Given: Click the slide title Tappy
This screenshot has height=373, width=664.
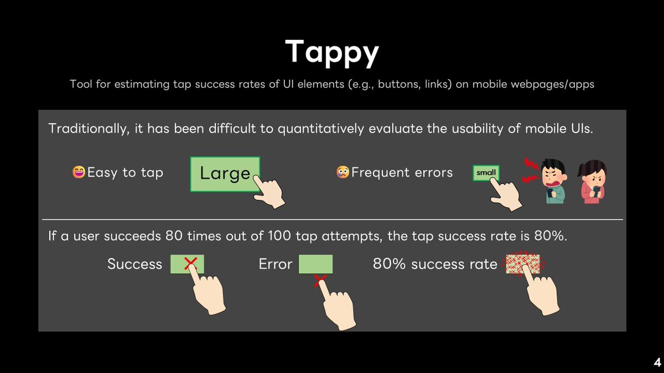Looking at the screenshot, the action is point(332,52).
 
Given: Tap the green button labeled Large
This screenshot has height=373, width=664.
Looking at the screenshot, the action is point(225,174).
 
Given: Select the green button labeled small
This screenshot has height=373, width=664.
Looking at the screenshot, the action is point(486,173).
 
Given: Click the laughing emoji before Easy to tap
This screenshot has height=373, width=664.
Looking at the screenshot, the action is point(79,172).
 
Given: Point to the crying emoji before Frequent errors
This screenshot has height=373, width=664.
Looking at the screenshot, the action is point(343,172).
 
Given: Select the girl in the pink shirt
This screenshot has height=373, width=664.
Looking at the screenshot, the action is point(592,182).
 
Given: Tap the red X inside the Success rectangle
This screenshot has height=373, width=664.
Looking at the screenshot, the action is point(190,263).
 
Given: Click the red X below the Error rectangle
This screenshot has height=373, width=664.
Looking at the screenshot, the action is point(320,281).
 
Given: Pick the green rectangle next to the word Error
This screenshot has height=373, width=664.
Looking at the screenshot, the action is point(315,264).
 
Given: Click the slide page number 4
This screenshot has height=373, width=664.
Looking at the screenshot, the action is point(657,363).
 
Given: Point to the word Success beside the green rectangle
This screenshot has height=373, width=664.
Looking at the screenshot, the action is point(134,264).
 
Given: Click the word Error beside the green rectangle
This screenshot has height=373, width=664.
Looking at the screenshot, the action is point(276,264).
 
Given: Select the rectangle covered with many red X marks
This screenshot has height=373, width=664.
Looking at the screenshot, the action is point(522,264).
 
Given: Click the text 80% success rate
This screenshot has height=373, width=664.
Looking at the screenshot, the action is point(435,264).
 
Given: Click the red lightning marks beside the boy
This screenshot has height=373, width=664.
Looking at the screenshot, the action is point(531,171).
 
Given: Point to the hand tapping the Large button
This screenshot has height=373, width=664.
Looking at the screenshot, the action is point(268,191).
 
